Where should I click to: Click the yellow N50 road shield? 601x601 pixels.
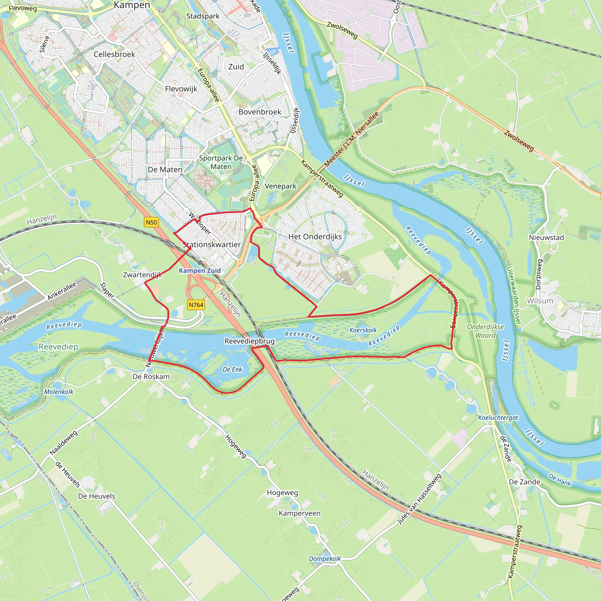click(x=151, y=222)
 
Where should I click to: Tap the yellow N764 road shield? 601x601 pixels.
click(x=196, y=305)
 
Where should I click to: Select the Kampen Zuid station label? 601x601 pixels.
click(x=200, y=271)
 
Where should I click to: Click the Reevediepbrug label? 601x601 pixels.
click(x=249, y=341)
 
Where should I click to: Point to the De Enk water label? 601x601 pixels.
click(x=232, y=369)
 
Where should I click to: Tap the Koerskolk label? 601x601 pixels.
click(x=363, y=330)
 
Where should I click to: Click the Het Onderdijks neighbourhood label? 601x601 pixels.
click(x=315, y=237)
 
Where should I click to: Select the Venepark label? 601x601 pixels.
click(x=281, y=186)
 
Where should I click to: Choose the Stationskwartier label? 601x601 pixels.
click(x=212, y=244)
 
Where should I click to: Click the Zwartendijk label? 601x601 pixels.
click(x=142, y=275)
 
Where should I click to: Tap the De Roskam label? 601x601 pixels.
click(x=151, y=377)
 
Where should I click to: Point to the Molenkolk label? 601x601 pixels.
click(x=59, y=392)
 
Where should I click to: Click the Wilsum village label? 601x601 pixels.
click(x=540, y=301)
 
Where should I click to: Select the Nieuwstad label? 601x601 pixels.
click(x=546, y=237)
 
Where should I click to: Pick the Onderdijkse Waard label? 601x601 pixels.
click(x=485, y=331)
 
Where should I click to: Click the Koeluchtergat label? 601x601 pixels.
click(x=498, y=418)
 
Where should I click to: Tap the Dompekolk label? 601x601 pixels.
click(x=325, y=559)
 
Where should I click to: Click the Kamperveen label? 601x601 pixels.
click(x=299, y=513)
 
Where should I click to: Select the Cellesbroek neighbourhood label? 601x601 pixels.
click(x=114, y=55)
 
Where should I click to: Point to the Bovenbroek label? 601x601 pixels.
click(x=260, y=112)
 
